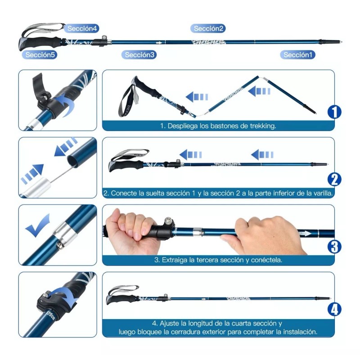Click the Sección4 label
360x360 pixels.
pyautogui.click(x=82, y=28)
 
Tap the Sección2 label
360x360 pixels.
pyautogui.click(x=209, y=28)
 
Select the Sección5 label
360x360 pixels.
pyautogui.click(x=40, y=55)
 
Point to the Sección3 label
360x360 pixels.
pyautogui.click(x=140, y=55)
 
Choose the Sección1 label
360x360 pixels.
pyautogui.click(x=298, y=55)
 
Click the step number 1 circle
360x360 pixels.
pyautogui.click(x=334, y=112)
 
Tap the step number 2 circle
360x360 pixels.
pyautogui.click(x=334, y=180)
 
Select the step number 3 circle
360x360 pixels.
pyautogui.click(x=334, y=246)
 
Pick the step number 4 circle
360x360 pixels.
pyautogui.click(x=334, y=310)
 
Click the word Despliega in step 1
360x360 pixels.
pyautogui.click(x=184, y=126)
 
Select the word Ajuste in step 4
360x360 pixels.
pyautogui.click(x=168, y=324)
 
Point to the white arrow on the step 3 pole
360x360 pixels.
pyautogui.click(x=306, y=234)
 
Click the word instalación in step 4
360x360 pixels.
pyautogui.click(x=301, y=332)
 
